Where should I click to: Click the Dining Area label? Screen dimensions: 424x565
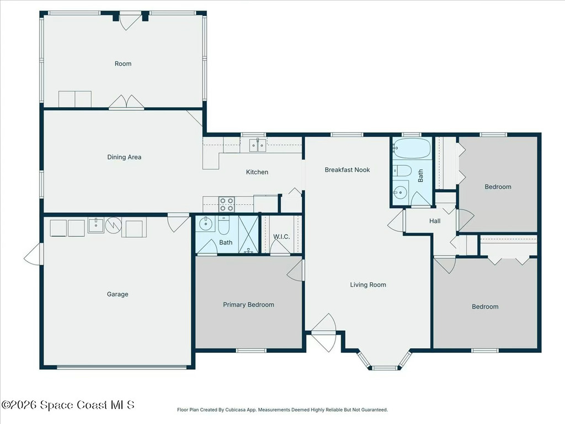point(124,157)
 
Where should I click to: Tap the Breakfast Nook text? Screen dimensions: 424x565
point(347,170)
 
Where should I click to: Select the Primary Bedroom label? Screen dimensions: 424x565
point(248,305)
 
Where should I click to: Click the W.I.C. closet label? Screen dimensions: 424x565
point(281,237)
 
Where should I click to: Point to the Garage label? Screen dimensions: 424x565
point(118,294)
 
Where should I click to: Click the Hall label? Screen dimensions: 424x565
point(435,221)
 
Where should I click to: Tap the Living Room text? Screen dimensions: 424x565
point(368,285)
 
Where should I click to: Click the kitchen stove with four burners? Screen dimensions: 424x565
point(227,204)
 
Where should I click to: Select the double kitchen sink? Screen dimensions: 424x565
point(257,145)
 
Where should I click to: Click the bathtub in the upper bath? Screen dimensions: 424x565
point(412,148)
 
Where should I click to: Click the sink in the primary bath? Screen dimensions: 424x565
point(206,224)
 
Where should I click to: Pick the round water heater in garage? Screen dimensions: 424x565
point(113,225)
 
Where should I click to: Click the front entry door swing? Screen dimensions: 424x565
point(324,333)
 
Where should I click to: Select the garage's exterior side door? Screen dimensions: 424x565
point(33,254)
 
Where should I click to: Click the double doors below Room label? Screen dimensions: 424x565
point(126,103)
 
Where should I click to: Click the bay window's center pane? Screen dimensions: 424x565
point(385,367)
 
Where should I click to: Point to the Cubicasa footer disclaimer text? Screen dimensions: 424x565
point(282,410)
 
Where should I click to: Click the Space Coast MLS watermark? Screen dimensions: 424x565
point(68,405)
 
